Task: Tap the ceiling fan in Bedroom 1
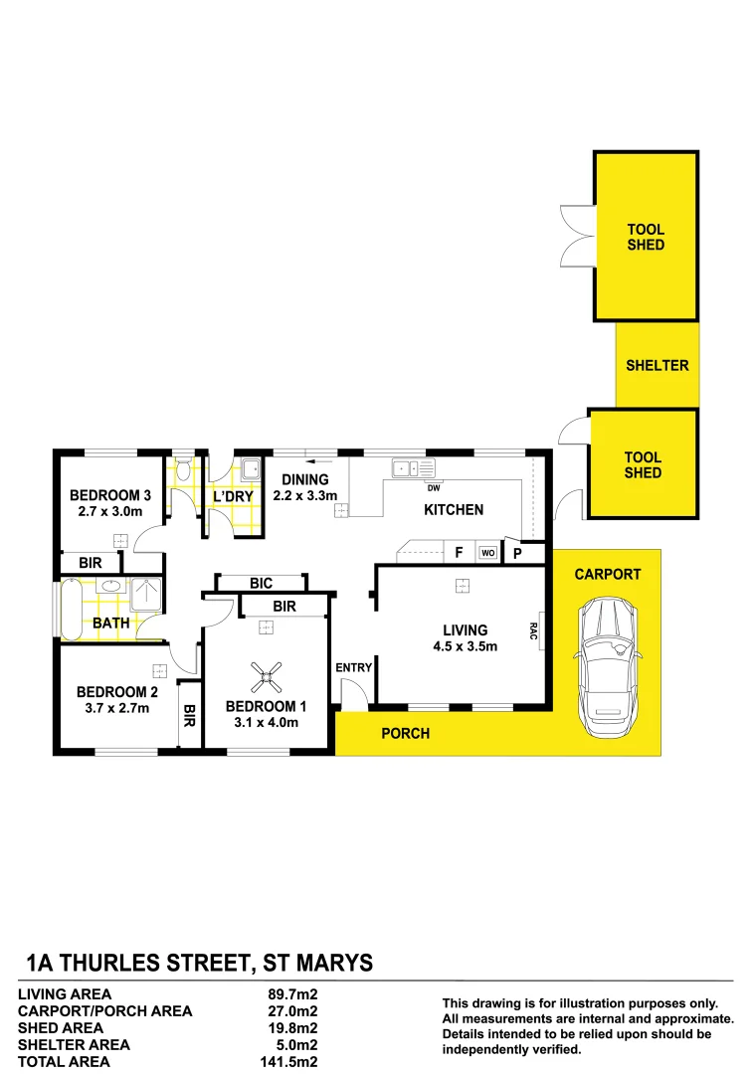pos(266,678)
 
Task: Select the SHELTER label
pos(657,365)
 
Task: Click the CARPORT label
pos(607,574)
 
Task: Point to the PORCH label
pos(406,734)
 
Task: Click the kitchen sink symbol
pos(414,466)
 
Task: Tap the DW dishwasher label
pos(433,487)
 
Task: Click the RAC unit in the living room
pos(538,629)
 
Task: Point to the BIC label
pos(261,583)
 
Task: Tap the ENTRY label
pos(353,667)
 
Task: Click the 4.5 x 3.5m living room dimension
pos(465,646)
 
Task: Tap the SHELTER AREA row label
pos(75,1044)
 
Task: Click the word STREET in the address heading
pos(201,962)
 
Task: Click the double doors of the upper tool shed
pos(577,236)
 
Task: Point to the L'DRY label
pos(234,497)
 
